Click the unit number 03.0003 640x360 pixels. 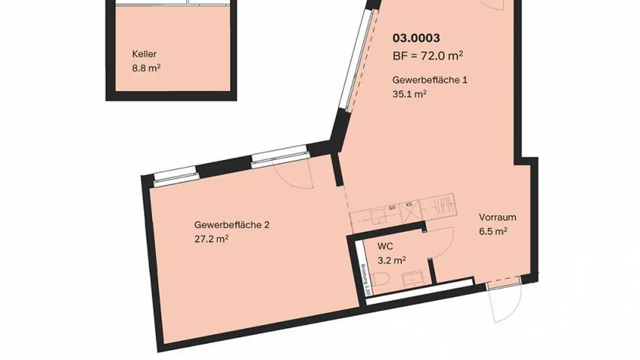[x=416, y=38]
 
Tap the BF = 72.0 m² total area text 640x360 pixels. [x=428, y=56]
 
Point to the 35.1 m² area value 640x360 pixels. [x=406, y=94]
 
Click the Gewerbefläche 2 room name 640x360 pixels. [x=232, y=225]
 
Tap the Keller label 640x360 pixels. [x=144, y=54]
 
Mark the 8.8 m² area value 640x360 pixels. [x=146, y=69]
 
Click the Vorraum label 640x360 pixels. [x=497, y=217]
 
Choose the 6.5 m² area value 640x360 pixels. [x=493, y=231]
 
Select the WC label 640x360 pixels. [x=384, y=246]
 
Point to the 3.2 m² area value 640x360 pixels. [x=392, y=260]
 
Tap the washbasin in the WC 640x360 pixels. [x=413, y=279]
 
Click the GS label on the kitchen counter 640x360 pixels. [x=392, y=208]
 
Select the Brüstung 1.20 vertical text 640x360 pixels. [x=365, y=280]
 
